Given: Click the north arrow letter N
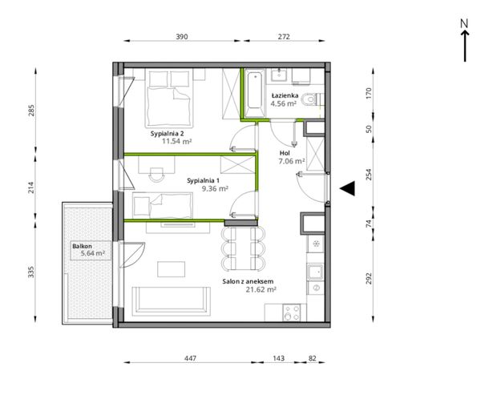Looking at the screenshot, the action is (464, 23).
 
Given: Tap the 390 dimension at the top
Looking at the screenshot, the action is (182, 37).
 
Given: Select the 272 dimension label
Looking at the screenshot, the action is (284, 37).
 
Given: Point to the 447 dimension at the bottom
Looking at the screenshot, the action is (190, 358).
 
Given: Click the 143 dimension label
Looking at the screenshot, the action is (278, 358).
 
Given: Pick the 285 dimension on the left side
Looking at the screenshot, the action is (31, 111).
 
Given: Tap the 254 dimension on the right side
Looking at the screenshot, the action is (369, 175).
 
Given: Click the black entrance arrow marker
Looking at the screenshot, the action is (347, 188).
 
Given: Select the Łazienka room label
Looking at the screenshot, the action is (285, 95).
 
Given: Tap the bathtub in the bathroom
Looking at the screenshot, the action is (254, 93).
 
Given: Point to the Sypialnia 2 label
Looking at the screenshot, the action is (168, 134).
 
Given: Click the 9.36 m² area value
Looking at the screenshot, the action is (215, 188).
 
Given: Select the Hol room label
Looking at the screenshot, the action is (285, 153).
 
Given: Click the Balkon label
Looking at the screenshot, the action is (83, 246).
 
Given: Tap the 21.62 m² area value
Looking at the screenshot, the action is (261, 289).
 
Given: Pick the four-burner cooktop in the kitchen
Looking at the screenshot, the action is (292, 312).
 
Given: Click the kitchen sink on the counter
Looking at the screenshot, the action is (315, 272).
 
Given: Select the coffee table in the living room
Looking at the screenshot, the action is (172, 269).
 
